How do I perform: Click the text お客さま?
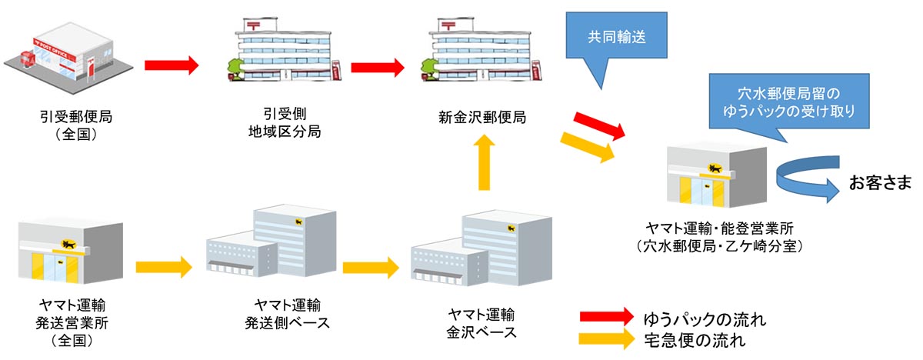880,183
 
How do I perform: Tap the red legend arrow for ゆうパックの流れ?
608,317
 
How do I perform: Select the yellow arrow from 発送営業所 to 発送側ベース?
163,268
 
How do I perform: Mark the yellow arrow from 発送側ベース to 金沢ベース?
371,268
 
